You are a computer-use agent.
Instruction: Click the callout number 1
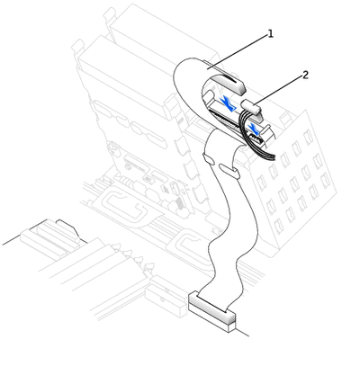271,34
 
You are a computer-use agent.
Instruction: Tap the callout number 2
305,75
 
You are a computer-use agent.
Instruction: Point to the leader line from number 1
237,51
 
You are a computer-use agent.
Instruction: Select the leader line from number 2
278,90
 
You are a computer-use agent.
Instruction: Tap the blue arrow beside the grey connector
227,103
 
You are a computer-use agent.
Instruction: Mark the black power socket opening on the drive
256,138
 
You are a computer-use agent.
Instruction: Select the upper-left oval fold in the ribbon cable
209,159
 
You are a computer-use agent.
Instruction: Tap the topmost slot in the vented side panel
308,136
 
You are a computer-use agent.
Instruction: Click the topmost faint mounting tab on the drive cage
109,13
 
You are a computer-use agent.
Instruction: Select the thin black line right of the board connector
242,332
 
